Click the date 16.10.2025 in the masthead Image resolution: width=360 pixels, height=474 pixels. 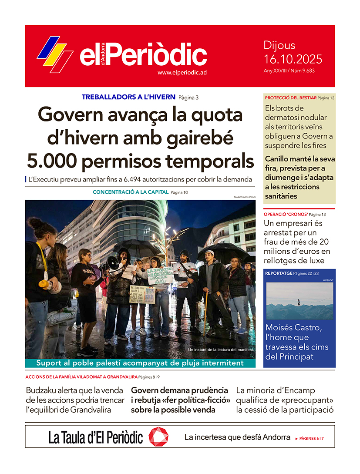[x=293, y=59]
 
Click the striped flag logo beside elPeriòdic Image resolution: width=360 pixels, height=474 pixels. [x=55, y=54]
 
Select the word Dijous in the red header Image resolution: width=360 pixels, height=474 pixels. [x=279, y=45]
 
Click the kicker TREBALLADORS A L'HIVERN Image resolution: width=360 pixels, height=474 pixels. [x=128, y=97]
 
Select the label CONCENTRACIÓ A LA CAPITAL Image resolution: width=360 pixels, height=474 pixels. [x=130, y=192]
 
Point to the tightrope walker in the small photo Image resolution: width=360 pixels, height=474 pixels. [x=299, y=302]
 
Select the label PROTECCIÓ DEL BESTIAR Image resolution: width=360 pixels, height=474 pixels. [x=290, y=98]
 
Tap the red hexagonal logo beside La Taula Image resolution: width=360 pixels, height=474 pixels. [x=158, y=437]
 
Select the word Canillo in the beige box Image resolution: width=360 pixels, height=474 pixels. [x=279, y=159]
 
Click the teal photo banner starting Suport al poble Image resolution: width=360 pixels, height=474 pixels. [x=140, y=363]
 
